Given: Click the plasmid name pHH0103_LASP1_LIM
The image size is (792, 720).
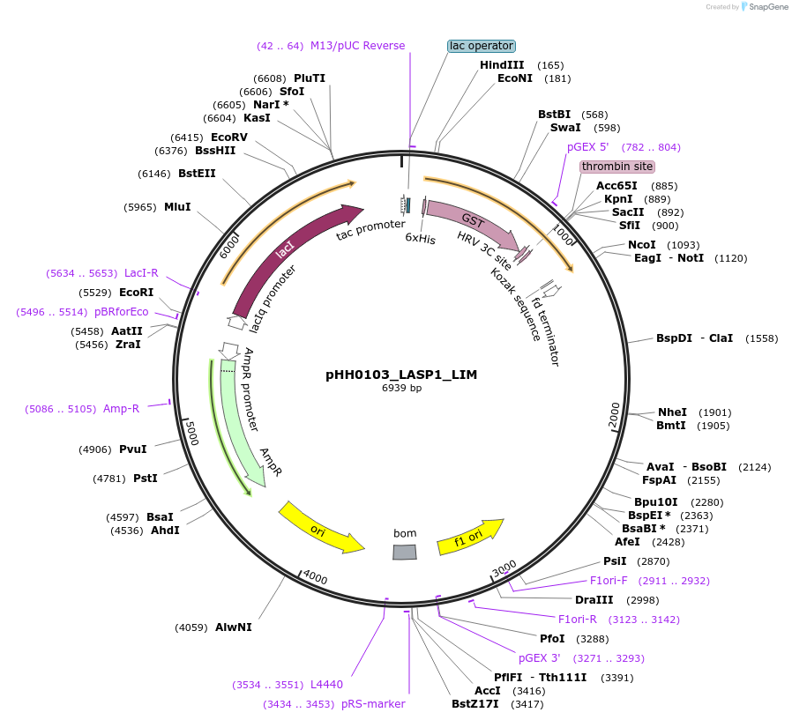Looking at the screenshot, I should (x=401, y=375).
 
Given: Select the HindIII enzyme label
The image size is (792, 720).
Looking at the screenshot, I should (x=502, y=65).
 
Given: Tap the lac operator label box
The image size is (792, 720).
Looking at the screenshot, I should (x=481, y=46).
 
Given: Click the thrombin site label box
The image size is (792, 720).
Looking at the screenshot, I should (x=617, y=167).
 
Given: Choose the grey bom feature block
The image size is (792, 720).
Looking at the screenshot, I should (x=404, y=552).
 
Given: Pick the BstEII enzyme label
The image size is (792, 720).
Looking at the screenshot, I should (x=197, y=174).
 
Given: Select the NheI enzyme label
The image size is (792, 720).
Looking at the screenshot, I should (x=671, y=412).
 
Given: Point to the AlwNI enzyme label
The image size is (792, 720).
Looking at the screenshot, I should (x=234, y=627).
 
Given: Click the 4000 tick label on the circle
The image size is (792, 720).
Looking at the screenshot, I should (x=315, y=578).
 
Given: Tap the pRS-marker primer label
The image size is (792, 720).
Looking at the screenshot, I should (x=373, y=704).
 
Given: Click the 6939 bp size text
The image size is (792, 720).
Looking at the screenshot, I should (x=401, y=388).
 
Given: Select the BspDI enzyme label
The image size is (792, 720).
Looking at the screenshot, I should (x=674, y=338).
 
